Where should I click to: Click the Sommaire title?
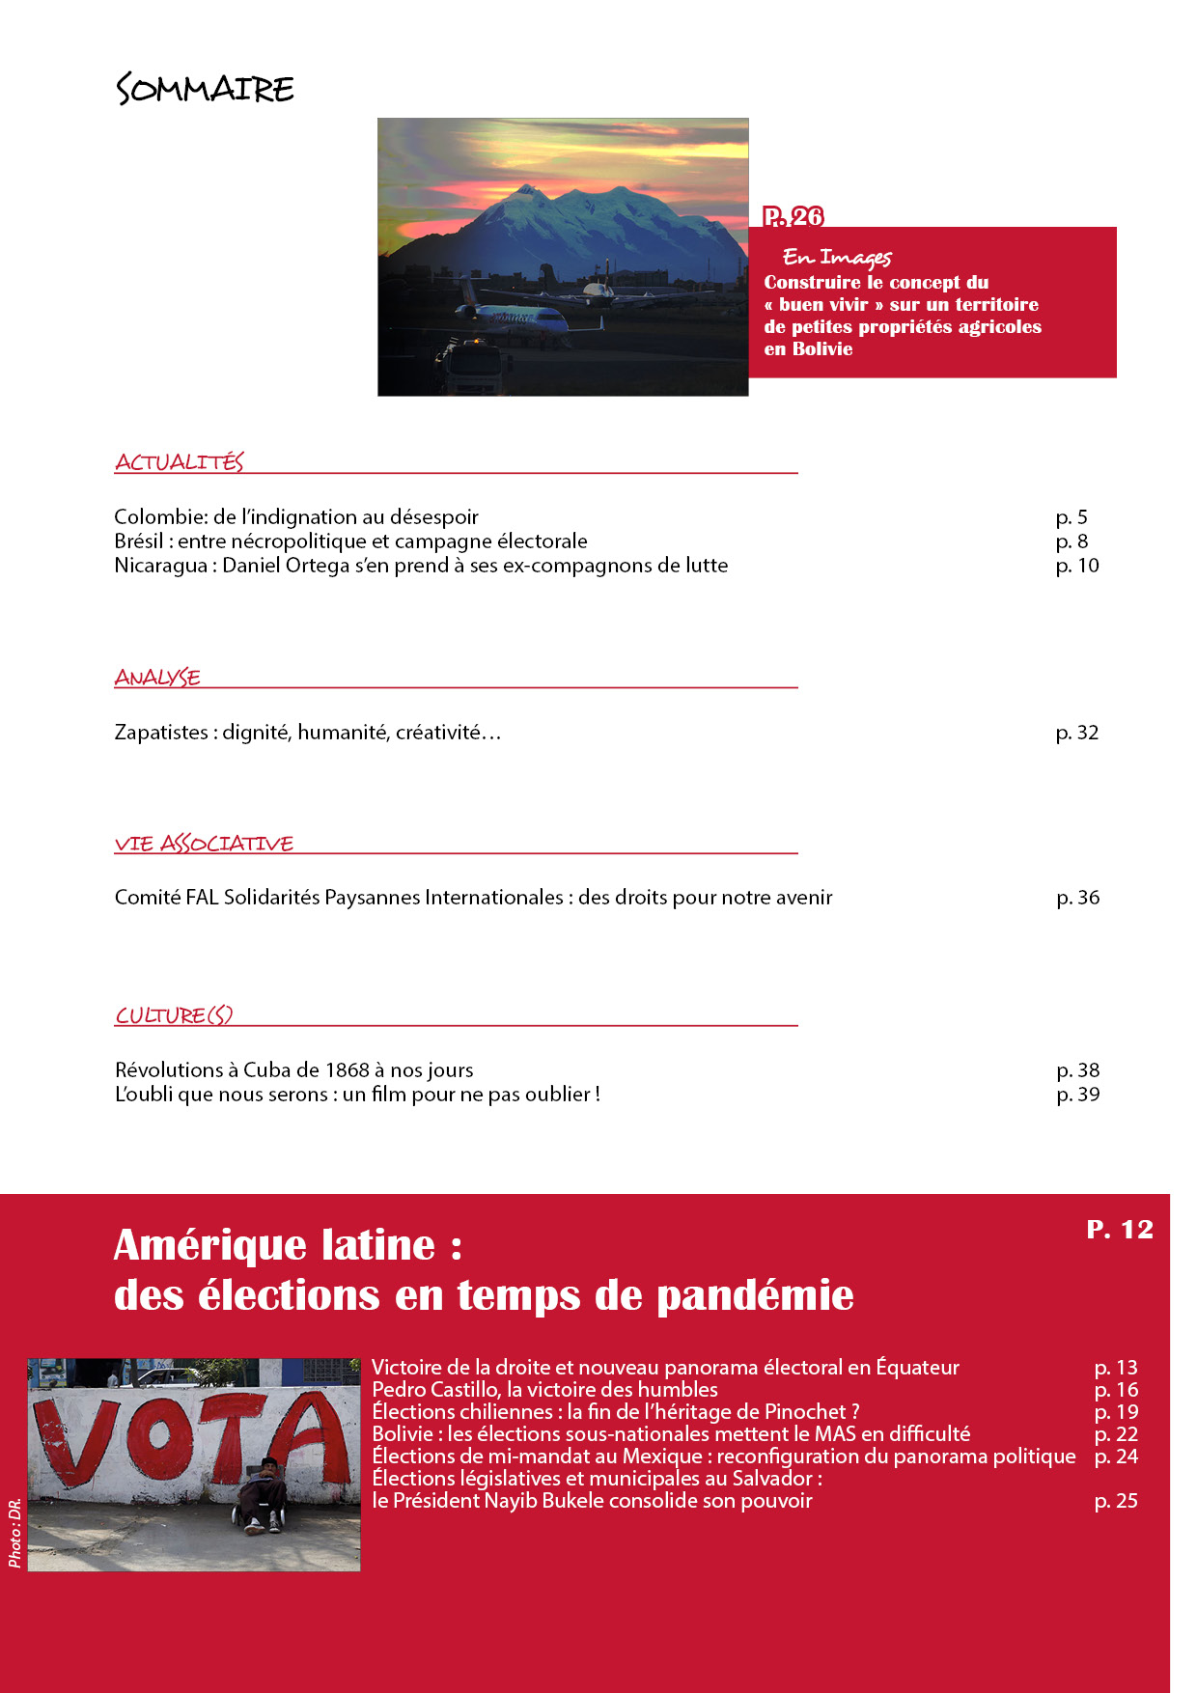click(x=205, y=89)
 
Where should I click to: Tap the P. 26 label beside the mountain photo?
click(x=793, y=216)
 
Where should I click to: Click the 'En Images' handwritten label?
click(x=837, y=257)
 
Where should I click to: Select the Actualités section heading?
click(x=180, y=462)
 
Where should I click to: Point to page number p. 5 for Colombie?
click(x=1072, y=517)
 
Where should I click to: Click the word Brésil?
click(x=138, y=541)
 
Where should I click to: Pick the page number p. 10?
click(x=1077, y=566)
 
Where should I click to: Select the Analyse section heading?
click(x=157, y=678)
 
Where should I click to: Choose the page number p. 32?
click(x=1077, y=733)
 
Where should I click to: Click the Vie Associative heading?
click(x=204, y=844)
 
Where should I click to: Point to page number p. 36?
click(x=1078, y=898)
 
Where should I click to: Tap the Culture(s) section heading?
click(x=174, y=1015)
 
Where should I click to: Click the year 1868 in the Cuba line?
click(x=348, y=1070)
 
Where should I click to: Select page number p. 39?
click(x=1078, y=1095)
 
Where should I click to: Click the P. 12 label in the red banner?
click(x=1120, y=1229)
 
